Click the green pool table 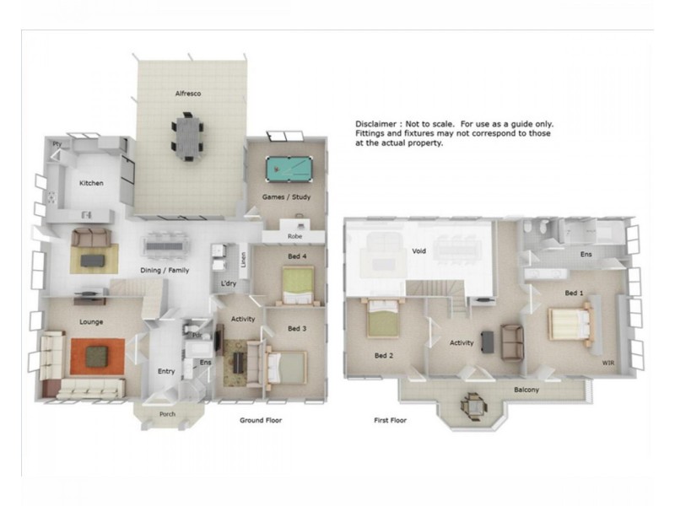tap(283, 170)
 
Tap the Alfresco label tap(188, 93)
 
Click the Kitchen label tap(91, 183)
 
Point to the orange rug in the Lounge tap(97, 355)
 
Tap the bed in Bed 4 tap(298, 284)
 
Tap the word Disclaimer tap(375, 124)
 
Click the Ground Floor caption tap(261, 420)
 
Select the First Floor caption tap(390, 419)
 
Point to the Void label tap(418, 251)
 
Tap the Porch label tap(168, 414)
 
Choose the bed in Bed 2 tap(383, 319)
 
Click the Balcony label tap(526, 390)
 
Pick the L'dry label tap(228, 283)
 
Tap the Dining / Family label tap(165, 270)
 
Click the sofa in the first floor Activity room tap(511, 340)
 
